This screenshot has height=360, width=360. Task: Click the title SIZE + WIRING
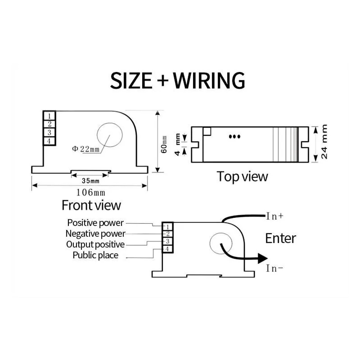178,80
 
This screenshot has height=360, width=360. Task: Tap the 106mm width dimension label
90,192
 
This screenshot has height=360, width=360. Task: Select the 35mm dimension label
90,181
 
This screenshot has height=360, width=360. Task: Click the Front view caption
91,205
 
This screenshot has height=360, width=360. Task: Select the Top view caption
242,176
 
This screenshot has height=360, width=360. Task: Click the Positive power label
95,222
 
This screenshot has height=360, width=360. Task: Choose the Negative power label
95,234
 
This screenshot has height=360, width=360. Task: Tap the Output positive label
95,244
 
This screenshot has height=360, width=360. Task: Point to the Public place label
95,255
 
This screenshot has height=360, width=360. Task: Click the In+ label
275,216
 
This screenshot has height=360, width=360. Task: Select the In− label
275,269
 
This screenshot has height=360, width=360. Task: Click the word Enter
281,238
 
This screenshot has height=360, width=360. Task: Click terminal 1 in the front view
49,116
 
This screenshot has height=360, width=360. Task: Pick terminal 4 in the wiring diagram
167,249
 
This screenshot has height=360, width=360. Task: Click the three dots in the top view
234,136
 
